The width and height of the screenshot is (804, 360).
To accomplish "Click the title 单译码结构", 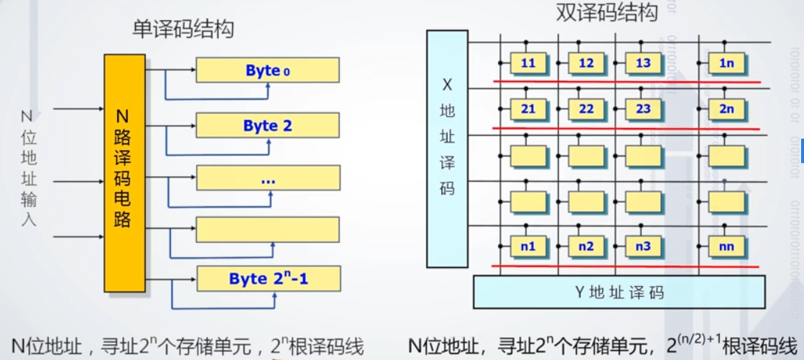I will click(184, 29).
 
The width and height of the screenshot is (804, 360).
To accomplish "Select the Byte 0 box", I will click(267, 70).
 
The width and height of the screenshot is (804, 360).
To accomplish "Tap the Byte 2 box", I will click(267, 126).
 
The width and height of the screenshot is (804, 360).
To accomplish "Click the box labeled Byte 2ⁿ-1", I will click(267, 278).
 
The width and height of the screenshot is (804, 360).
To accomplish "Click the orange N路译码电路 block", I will click(123, 173).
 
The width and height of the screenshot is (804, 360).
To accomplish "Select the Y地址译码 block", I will click(619, 292).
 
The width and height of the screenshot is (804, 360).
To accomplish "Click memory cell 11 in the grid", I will click(528, 63).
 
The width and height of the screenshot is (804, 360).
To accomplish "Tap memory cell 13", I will click(643, 63).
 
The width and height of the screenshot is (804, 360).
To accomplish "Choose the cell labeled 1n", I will click(726, 63).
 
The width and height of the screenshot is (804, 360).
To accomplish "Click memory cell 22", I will click(586, 109).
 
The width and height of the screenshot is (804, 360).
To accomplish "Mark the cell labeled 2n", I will click(726, 109).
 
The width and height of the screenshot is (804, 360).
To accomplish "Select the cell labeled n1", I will click(528, 247).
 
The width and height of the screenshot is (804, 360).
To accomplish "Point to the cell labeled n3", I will click(643, 247).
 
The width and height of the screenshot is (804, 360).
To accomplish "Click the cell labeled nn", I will click(726, 247).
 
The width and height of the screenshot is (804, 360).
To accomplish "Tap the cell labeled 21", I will click(528, 109).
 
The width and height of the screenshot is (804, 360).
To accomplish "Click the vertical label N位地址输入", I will click(28, 167).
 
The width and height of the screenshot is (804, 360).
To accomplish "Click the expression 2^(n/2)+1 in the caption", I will click(690, 343).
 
